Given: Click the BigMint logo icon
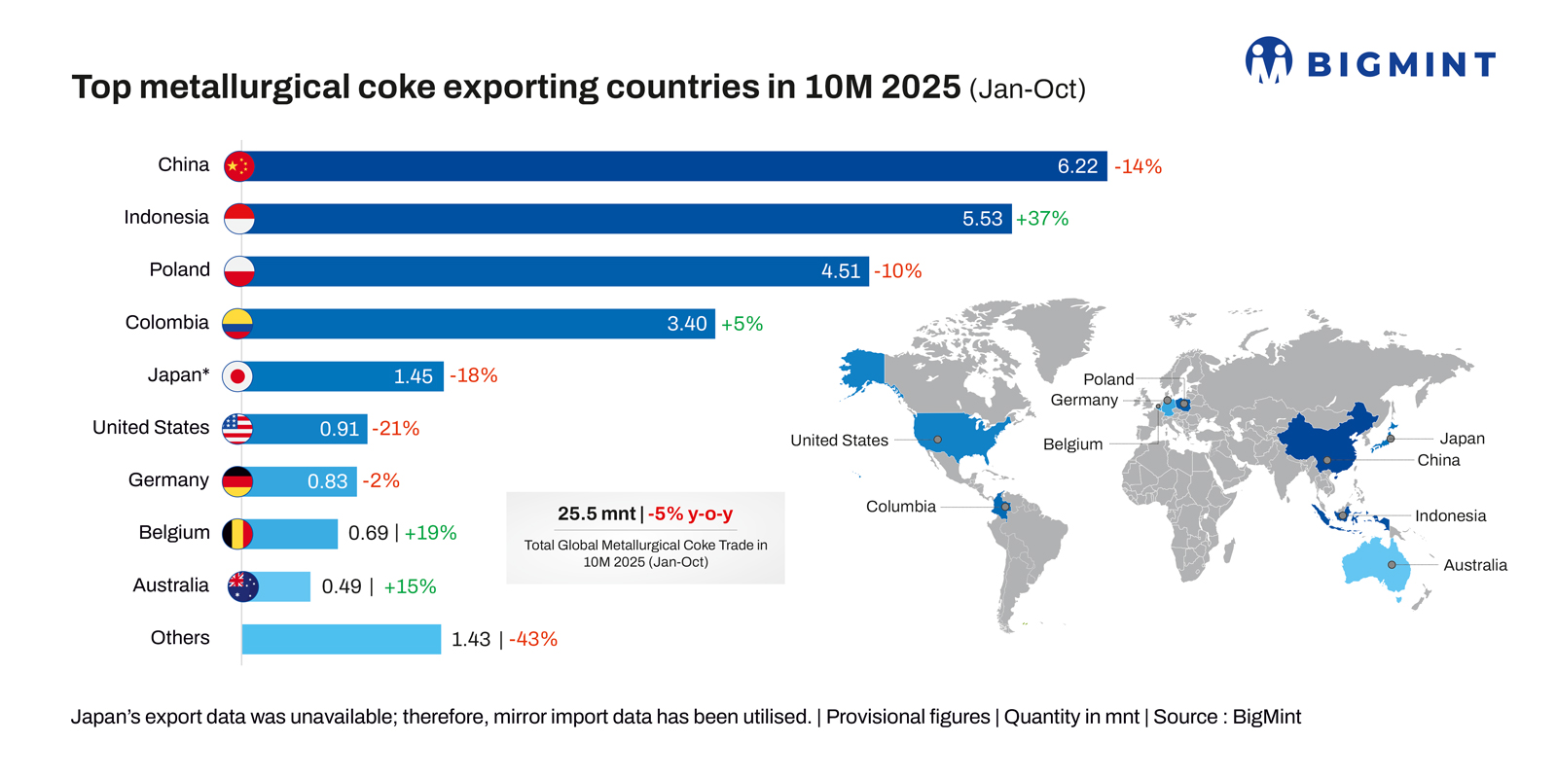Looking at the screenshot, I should click(1268, 60).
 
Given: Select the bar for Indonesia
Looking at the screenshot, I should click(623, 219).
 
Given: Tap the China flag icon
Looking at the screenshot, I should click(238, 166).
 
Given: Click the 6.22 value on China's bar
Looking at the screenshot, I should click(1077, 166).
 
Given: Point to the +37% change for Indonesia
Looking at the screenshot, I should click(1042, 219).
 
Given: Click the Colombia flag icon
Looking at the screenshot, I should click(237, 324).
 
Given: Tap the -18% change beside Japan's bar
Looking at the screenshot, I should click(474, 375).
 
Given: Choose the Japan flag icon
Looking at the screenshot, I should click(237, 376).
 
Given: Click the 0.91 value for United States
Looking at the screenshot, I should click(340, 429).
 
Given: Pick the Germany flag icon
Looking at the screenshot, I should click(237, 481).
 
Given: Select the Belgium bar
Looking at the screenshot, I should click(292, 534).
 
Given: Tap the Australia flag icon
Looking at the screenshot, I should click(242, 586).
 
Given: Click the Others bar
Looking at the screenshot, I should click(341, 639).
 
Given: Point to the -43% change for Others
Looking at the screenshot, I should click(533, 639).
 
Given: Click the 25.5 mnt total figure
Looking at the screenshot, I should click(597, 513).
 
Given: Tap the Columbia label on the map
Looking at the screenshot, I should click(900, 507).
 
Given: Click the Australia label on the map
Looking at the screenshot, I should click(1474, 565).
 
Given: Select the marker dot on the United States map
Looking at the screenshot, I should click(937, 440).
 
